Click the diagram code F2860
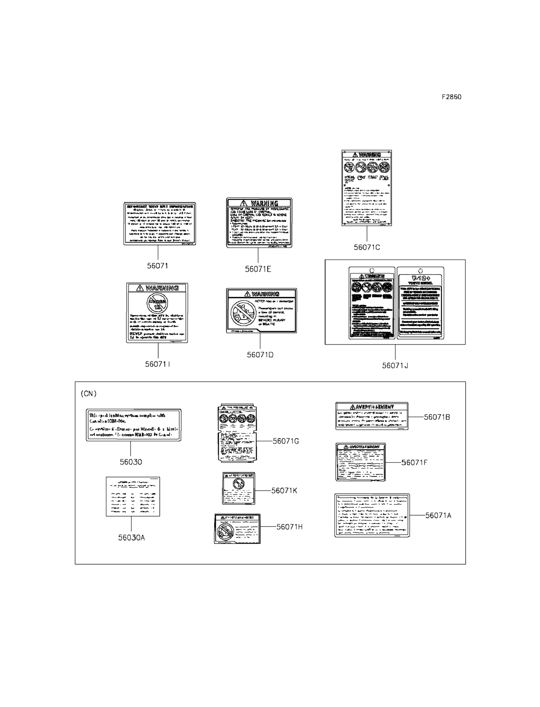451,97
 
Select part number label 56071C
367,247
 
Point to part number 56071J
395,366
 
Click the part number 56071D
260,355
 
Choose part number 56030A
131,538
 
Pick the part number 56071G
286,441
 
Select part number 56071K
284,491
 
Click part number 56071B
437,417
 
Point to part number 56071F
414,462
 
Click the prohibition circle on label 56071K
238,484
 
